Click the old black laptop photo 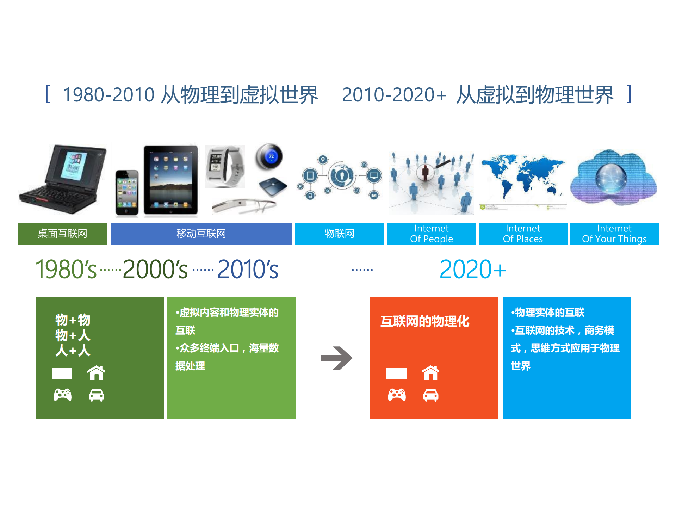tap(63, 179)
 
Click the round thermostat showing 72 tap(269, 156)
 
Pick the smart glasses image tap(244, 206)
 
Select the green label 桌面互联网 tap(63, 234)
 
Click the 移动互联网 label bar tap(201, 234)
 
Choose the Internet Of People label tap(431, 234)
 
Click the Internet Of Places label tap(523, 234)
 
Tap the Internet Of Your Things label tap(614, 234)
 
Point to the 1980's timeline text tap(66, 270)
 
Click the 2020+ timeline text tap(472, 270)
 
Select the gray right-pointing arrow tap(336, 358)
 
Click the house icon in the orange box tap(430, 373)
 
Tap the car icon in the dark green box tap(96, 395)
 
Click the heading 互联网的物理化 tap(425, 321)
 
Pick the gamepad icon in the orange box tap(397, 395)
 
